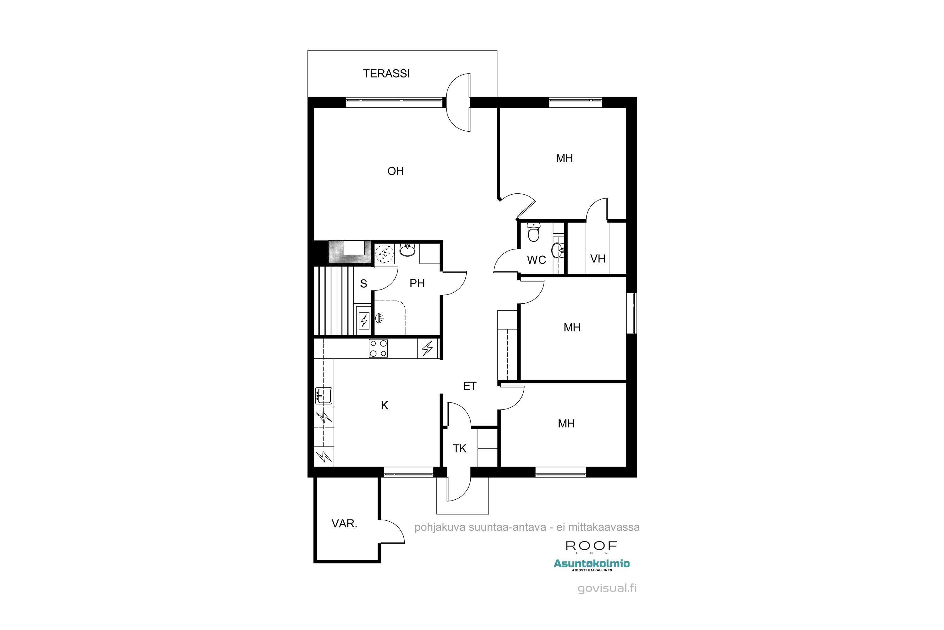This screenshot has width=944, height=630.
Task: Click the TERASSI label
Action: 386,73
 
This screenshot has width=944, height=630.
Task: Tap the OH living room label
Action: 395,171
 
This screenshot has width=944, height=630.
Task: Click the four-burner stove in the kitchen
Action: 378,348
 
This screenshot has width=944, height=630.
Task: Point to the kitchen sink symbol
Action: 323,396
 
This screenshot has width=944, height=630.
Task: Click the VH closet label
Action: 598,259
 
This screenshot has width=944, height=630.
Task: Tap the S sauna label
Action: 364,284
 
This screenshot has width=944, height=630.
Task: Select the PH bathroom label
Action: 417,283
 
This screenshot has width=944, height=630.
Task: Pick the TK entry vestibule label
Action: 459,448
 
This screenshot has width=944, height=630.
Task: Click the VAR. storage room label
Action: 344,524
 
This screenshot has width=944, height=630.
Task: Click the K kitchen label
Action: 385,406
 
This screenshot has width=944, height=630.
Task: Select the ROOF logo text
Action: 591,546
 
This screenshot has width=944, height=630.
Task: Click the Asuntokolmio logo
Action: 592,564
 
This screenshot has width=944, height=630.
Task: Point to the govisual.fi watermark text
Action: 607,588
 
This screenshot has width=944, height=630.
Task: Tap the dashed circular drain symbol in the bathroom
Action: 384,254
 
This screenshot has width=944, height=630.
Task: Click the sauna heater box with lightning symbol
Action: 364,320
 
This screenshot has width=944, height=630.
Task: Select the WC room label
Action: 536,260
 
